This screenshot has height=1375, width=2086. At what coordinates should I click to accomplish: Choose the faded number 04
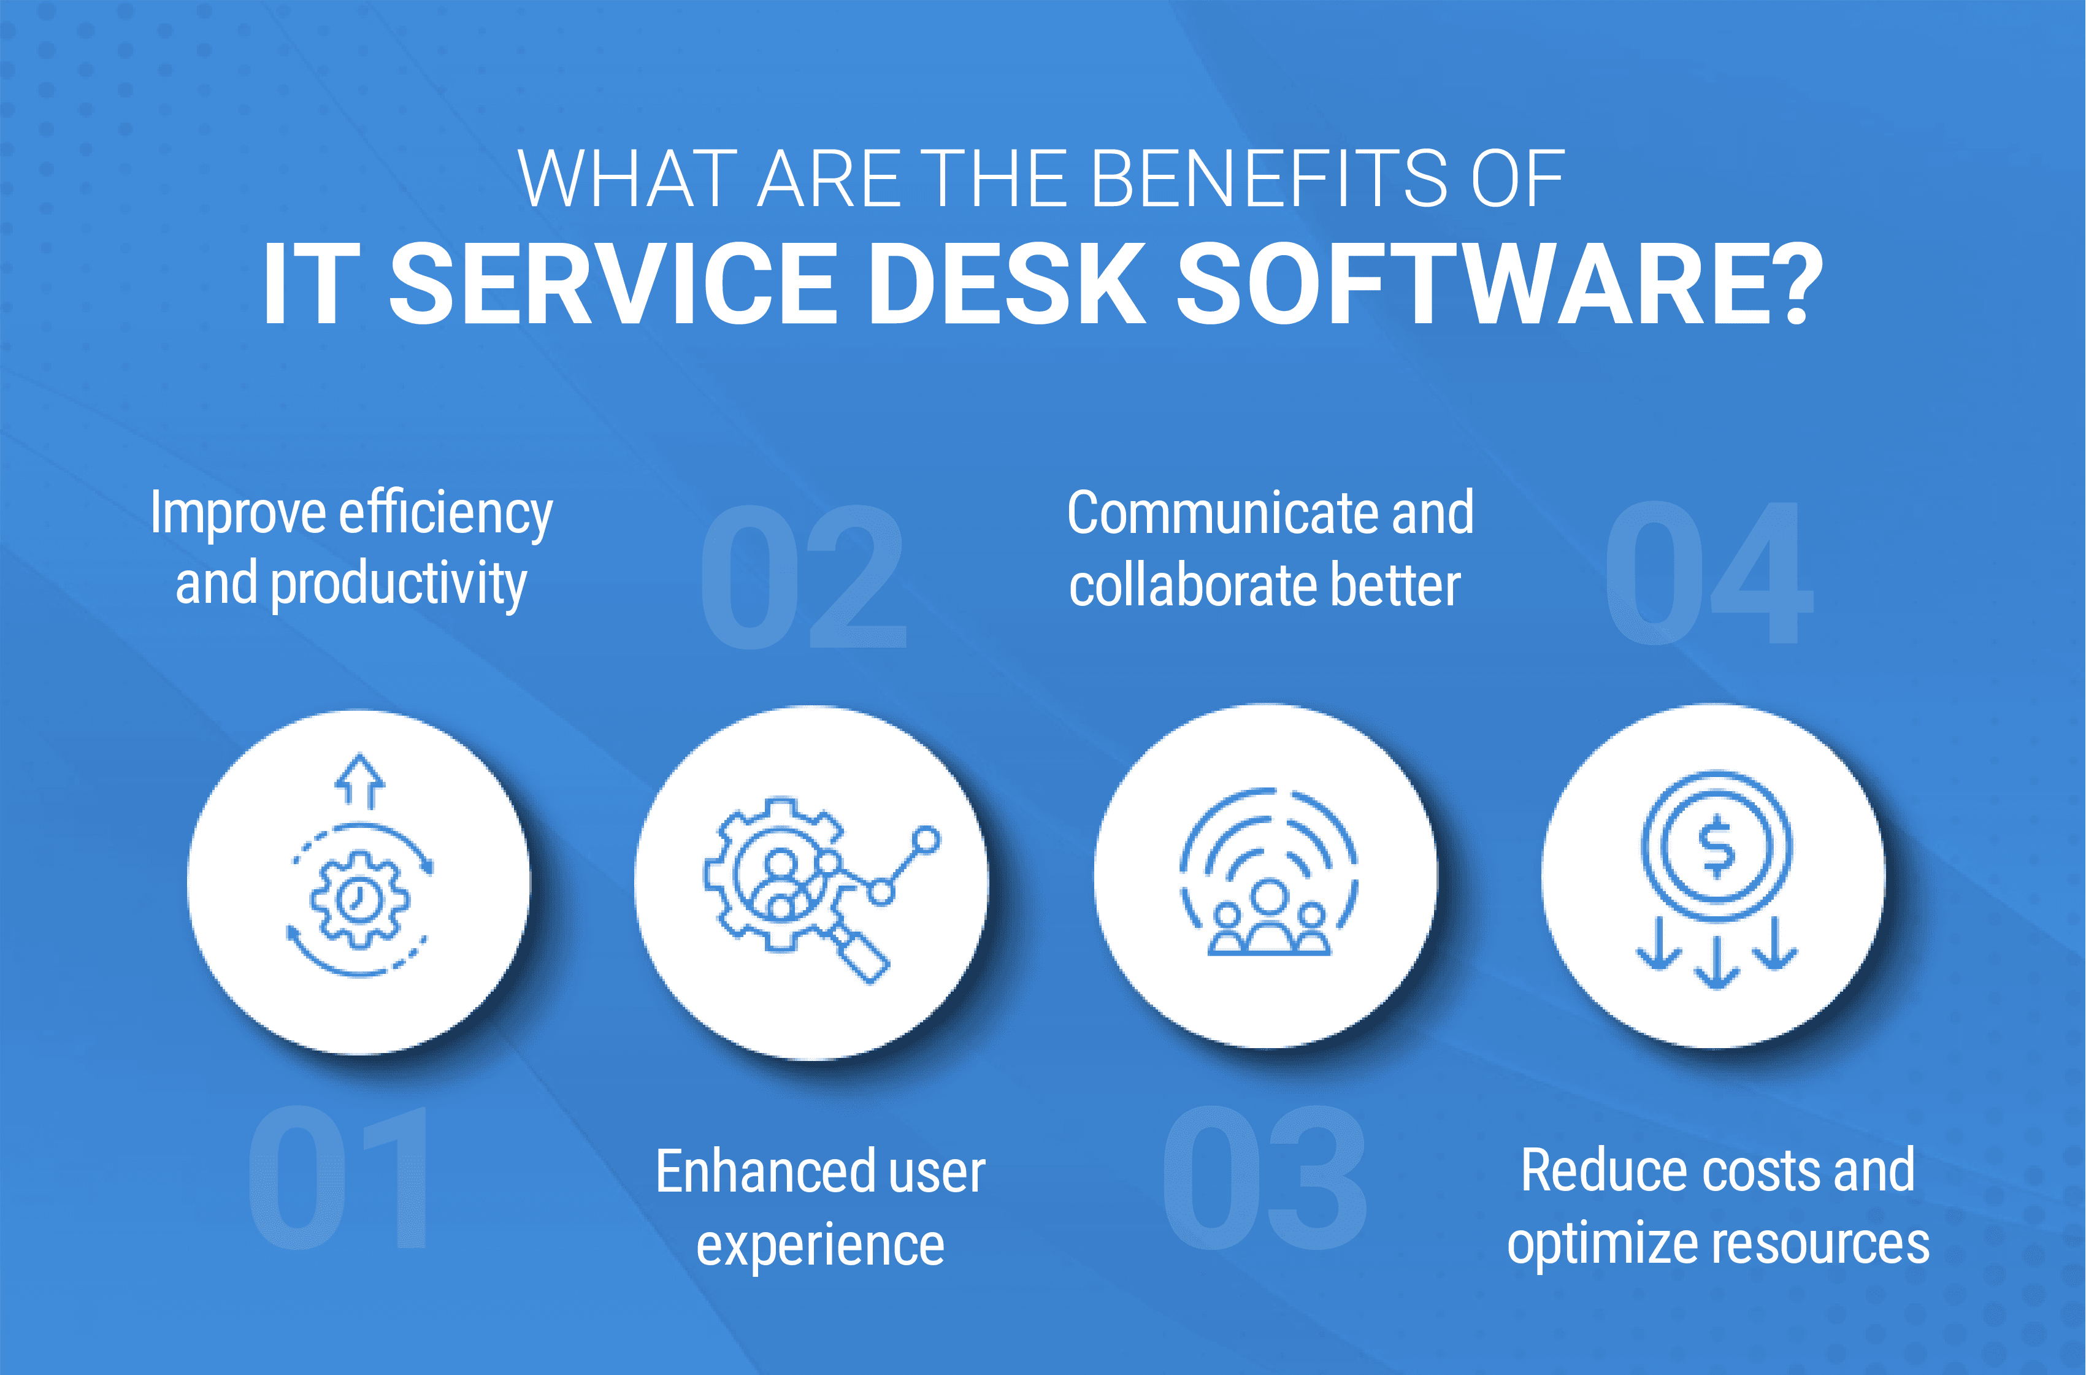click(1708, 573)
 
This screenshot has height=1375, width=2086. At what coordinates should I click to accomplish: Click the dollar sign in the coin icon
click(1716, 845)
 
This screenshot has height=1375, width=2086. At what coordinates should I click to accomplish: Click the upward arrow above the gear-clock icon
click(359, 781)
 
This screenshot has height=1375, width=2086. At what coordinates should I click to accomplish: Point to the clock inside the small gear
click(358, 900)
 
